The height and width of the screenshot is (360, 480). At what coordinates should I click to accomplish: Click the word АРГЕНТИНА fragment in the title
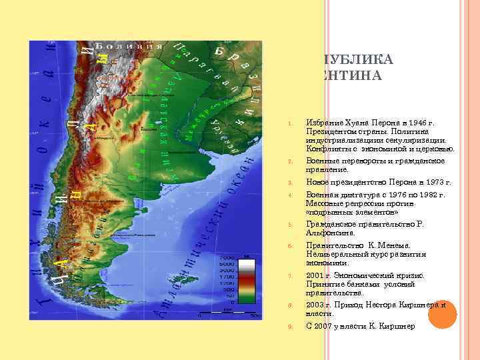[353, 77]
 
